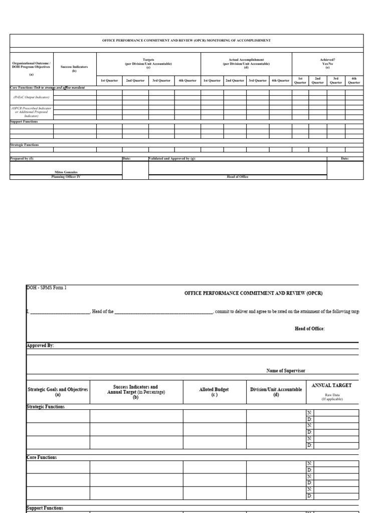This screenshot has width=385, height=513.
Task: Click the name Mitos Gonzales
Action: pyautogui.click(x=66, y=172)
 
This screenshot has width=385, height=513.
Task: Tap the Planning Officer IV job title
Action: pyautogui.click(x=66, y=177)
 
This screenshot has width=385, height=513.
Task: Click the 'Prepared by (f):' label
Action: pyautogui.click(x=23, y=158)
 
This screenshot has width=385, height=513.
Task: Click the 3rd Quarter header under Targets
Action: pyautogui.click(x=161, y=80)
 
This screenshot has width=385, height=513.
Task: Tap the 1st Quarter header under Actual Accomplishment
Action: pyautogui.click(x=212, y=80)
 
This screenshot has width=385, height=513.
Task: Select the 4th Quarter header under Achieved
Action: pyautogui.click(x=354, y=80)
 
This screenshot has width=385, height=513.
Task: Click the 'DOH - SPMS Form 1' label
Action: pyautogui.click(x=46, y=288)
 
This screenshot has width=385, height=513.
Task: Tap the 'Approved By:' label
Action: pyautogui.click(x=40, y=346)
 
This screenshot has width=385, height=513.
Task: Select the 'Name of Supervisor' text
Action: pyautogui.click(x=286, y=371)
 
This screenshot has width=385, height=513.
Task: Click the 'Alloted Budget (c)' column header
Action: pyautogui.click(x=214, y=392)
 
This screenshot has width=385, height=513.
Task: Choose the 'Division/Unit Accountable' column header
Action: pyautogui.click(x=276, y=392)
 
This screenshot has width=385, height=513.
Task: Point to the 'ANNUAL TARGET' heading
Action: pyautogui.click(x=331, y=385)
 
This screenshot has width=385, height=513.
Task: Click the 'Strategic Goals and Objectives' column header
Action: pyautogui.click(x=58, y=392)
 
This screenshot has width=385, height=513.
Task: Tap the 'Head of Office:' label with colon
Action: pyautogui.click(x=309, y=329)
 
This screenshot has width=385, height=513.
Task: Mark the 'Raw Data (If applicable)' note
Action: pyautogui.click(x=332, y=397)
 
